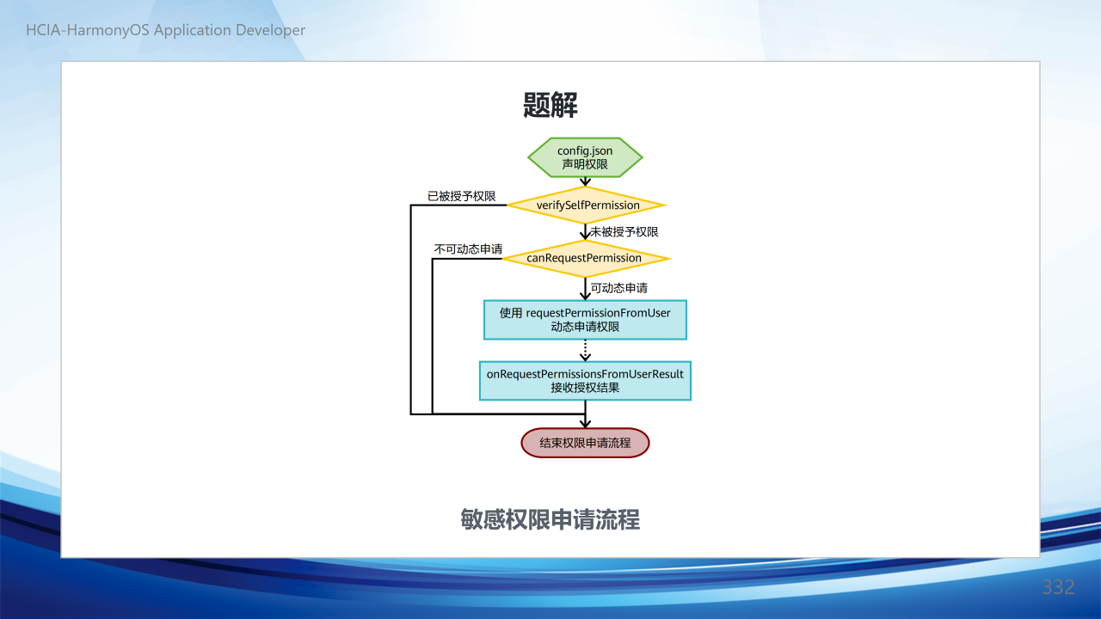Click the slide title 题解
[550, 105]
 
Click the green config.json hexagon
[585, 157]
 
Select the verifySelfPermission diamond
[586, 205]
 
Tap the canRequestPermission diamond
[586, 259]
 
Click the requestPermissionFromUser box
[585, 320]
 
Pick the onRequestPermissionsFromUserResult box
[585, 381]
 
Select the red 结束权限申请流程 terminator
[585, 443]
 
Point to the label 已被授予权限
[462, 196]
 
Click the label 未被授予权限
[624, 232]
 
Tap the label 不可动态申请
[468, 249]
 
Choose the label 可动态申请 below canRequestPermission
[619, 288]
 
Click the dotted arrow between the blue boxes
[585, 351]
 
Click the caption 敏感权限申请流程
[550, 519]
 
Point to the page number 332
[1058, 587]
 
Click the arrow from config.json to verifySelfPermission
[585, 181]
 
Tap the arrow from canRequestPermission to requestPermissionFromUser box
[585, 289]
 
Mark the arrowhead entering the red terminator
[585, 424]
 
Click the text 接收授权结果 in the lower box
[585, 388]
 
